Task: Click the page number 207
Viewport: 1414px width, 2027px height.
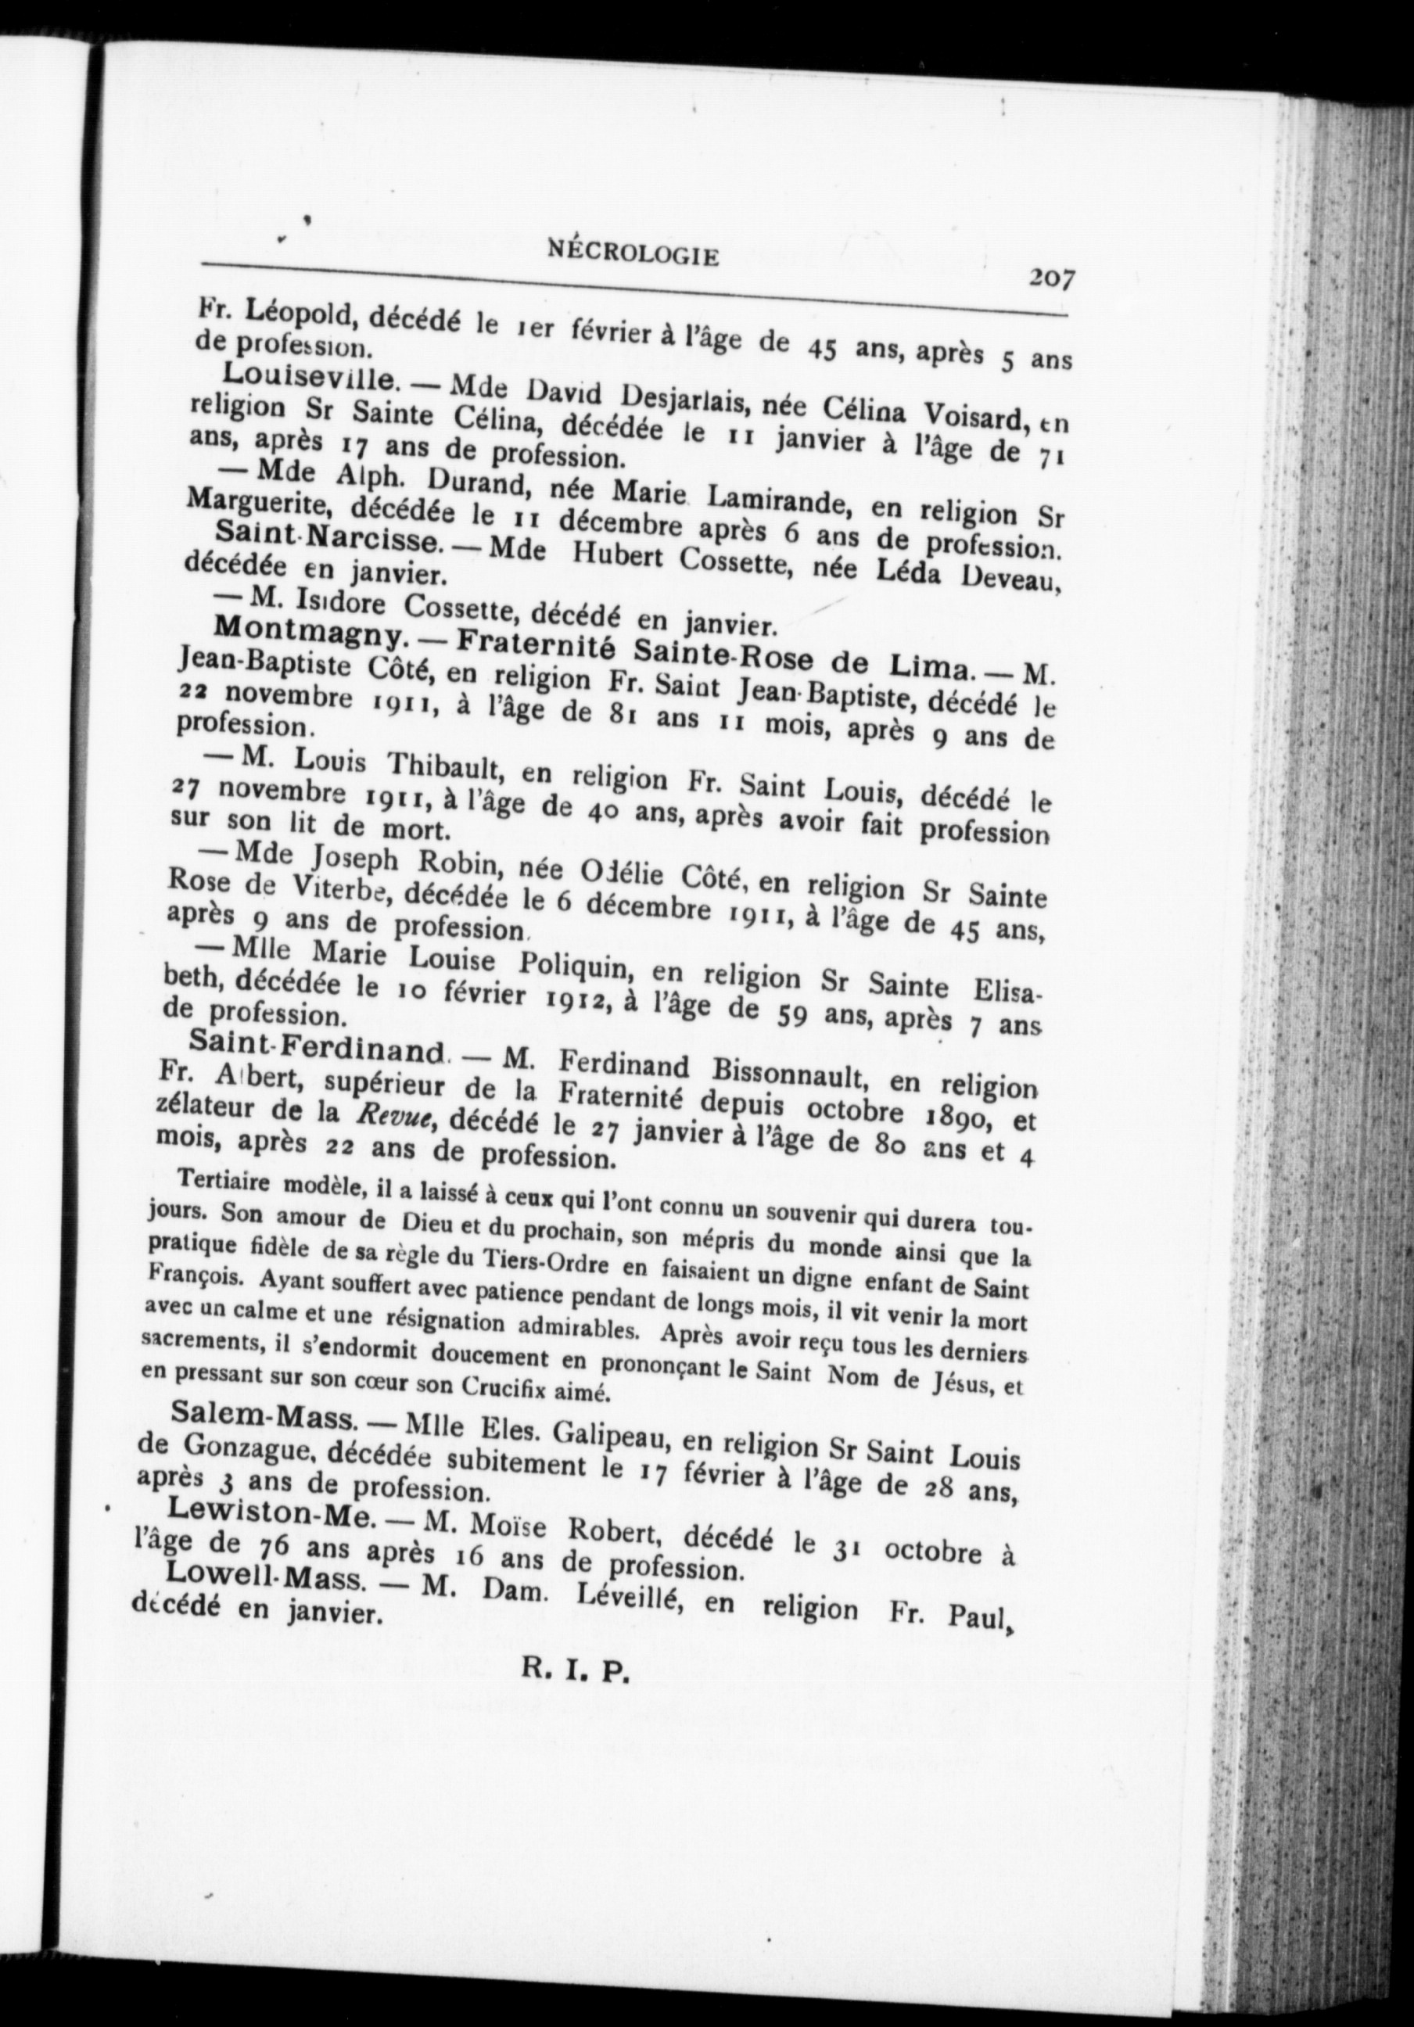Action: click(x=1050, y=279)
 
